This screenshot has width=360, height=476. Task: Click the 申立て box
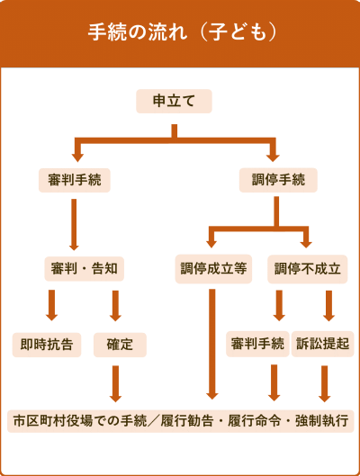[174, 101]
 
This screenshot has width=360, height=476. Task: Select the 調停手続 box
[278, 180]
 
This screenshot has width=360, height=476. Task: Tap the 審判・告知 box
[84, 269]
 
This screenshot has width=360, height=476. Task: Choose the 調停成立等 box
[213, 269]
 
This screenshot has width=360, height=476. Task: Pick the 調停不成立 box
[308, 269]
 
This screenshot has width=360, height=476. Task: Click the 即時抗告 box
[47, 345]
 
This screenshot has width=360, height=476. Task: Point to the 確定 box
[120, 345]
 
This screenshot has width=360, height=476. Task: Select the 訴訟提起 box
[323, 344]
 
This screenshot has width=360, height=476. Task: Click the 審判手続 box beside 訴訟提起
[257, 344]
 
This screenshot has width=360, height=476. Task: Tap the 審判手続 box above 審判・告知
[75, 180]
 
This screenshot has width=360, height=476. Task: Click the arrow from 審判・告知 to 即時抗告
[51, 305]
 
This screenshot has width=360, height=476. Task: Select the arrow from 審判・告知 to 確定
[115, 306]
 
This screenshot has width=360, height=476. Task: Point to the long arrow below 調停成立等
[211, 344]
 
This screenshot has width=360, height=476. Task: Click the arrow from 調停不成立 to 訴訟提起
[328, 306]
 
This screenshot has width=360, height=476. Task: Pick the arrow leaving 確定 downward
[115, 383]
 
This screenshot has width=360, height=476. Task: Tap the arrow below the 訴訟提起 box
[325, 383]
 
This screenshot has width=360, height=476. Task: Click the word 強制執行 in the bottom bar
[321, 421]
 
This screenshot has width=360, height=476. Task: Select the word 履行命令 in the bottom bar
[255, 421]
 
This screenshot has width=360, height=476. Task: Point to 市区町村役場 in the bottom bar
[53, 421]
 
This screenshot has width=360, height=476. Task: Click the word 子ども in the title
[238, 32]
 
